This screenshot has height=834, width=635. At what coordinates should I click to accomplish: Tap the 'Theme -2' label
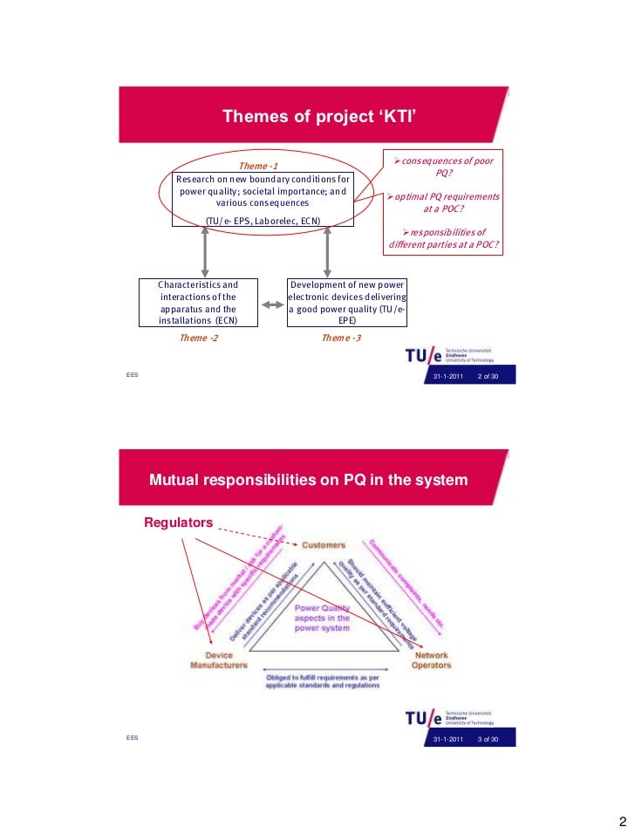(199, 338)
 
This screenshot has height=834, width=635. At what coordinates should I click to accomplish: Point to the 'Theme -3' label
(341, 338)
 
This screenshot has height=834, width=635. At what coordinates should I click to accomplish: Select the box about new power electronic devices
(348, 303)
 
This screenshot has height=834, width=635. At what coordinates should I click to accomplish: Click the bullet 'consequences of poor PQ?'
(446, 167)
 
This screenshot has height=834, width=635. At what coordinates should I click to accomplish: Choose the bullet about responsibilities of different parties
(444, 238)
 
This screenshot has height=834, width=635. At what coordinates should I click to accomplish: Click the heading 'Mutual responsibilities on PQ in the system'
(308, 481)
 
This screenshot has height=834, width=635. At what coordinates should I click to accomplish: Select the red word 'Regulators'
(179, 523)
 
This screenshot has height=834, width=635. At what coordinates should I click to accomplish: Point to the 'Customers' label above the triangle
(323, 545)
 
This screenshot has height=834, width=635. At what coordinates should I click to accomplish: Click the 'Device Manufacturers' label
(213, 660)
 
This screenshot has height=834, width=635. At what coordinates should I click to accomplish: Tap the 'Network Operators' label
(432, 660)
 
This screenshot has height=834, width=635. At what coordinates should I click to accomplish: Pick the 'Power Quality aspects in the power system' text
(322, 619)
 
